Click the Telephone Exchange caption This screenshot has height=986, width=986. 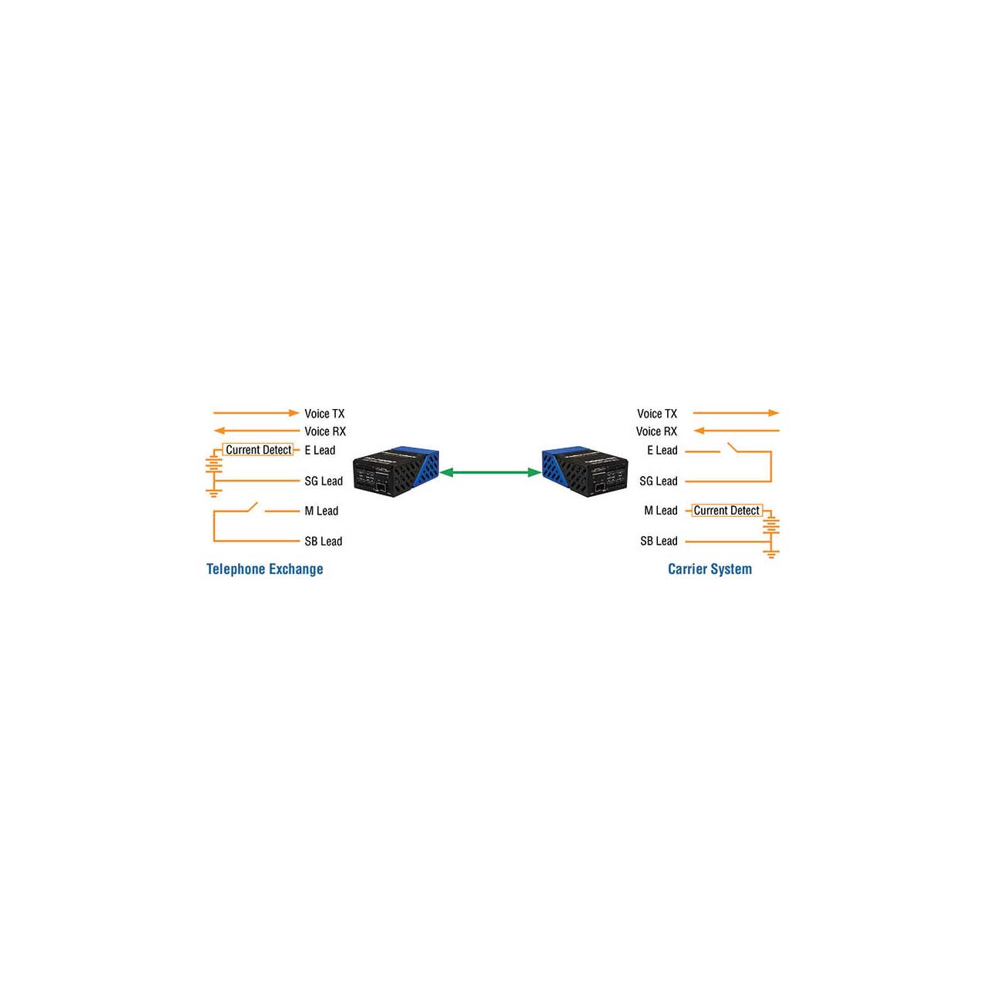tap(264, 569)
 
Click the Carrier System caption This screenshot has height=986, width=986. tap(709, 569)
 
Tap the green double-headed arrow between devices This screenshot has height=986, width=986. tap(490, 472)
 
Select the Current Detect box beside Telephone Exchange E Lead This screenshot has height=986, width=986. tap(258, 450)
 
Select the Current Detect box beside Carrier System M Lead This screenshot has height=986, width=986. tap(726, 510)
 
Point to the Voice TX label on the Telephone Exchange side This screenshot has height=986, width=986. tap(324, 414)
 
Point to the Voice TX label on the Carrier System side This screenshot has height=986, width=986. tap(657, 414)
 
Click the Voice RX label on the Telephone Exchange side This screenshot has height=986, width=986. tap(325, 431)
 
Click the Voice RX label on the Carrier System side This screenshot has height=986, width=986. tap(656, 431)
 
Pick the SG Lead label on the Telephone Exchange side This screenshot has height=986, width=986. tap(324, 481)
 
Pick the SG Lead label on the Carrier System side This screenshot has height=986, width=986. tap(659, 481)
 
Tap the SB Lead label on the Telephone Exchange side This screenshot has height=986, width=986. tap(324, 541)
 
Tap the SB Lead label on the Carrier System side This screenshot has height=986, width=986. tap(659, 541)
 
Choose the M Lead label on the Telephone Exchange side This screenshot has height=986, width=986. tap(321, 511)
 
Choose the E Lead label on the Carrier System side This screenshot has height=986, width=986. tap(662, 451)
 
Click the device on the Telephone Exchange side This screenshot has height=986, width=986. tap(396, 471)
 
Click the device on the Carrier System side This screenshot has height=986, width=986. tap(585, 471)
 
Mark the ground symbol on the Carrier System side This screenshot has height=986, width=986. tap(770, 554)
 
